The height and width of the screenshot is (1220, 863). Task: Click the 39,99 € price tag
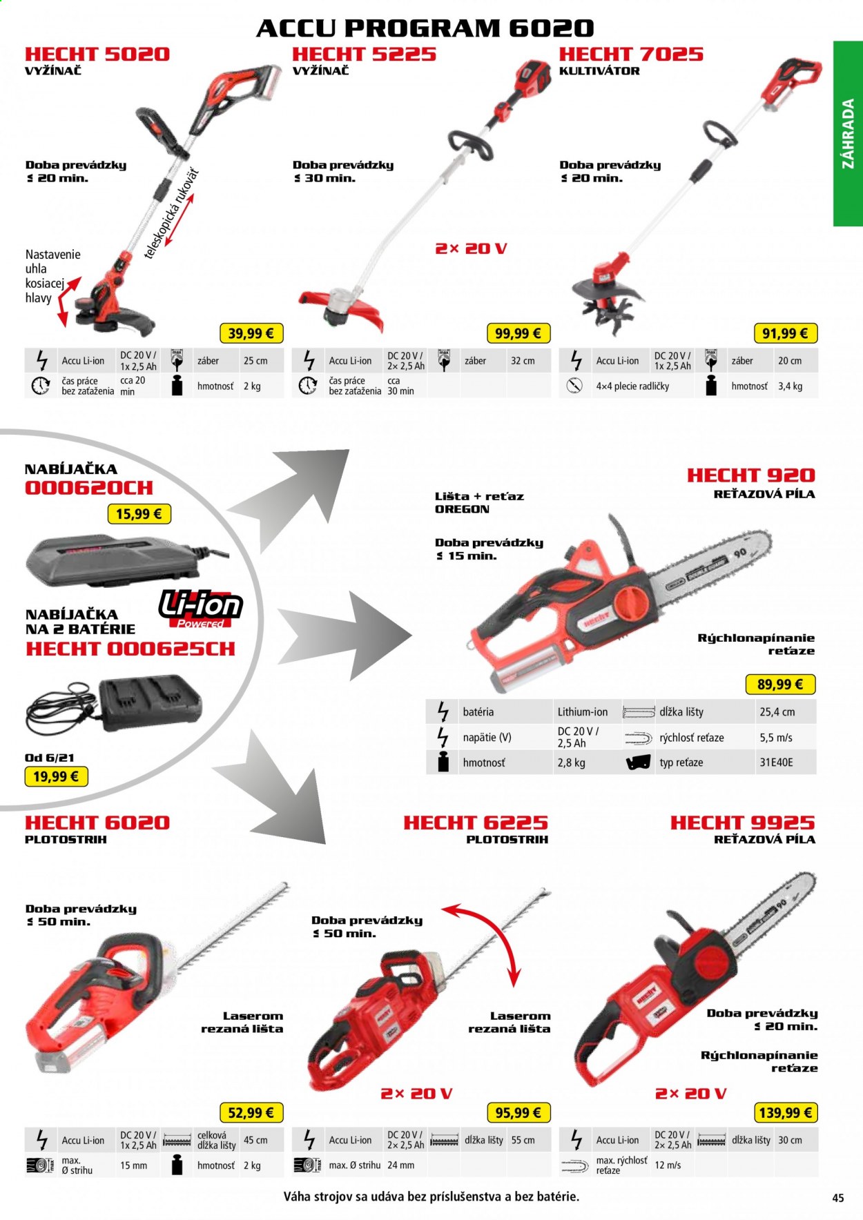(251, 333)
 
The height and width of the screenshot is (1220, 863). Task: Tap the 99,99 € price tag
(518, 333)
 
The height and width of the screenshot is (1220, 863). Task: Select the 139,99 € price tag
(785, 1112)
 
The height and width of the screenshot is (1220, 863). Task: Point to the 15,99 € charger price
(139, 514)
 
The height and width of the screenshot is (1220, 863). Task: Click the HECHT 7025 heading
(631, 54)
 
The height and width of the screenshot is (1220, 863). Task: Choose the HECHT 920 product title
(750, 475)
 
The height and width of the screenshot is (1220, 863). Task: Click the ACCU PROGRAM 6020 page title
(425, 28)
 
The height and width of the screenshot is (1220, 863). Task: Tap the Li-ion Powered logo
(200, 609)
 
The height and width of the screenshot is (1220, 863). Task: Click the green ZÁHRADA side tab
(848, 134)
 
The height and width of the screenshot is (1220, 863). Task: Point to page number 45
(837, 1198)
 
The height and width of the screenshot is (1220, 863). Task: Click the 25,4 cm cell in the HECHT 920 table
(777, 712)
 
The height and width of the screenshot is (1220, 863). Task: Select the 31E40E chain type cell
(777, 762)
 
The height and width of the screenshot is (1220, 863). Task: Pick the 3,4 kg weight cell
(790, 386)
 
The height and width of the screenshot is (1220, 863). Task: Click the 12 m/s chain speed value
(668, 1165)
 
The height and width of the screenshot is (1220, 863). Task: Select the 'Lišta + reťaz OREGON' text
(480, 502)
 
